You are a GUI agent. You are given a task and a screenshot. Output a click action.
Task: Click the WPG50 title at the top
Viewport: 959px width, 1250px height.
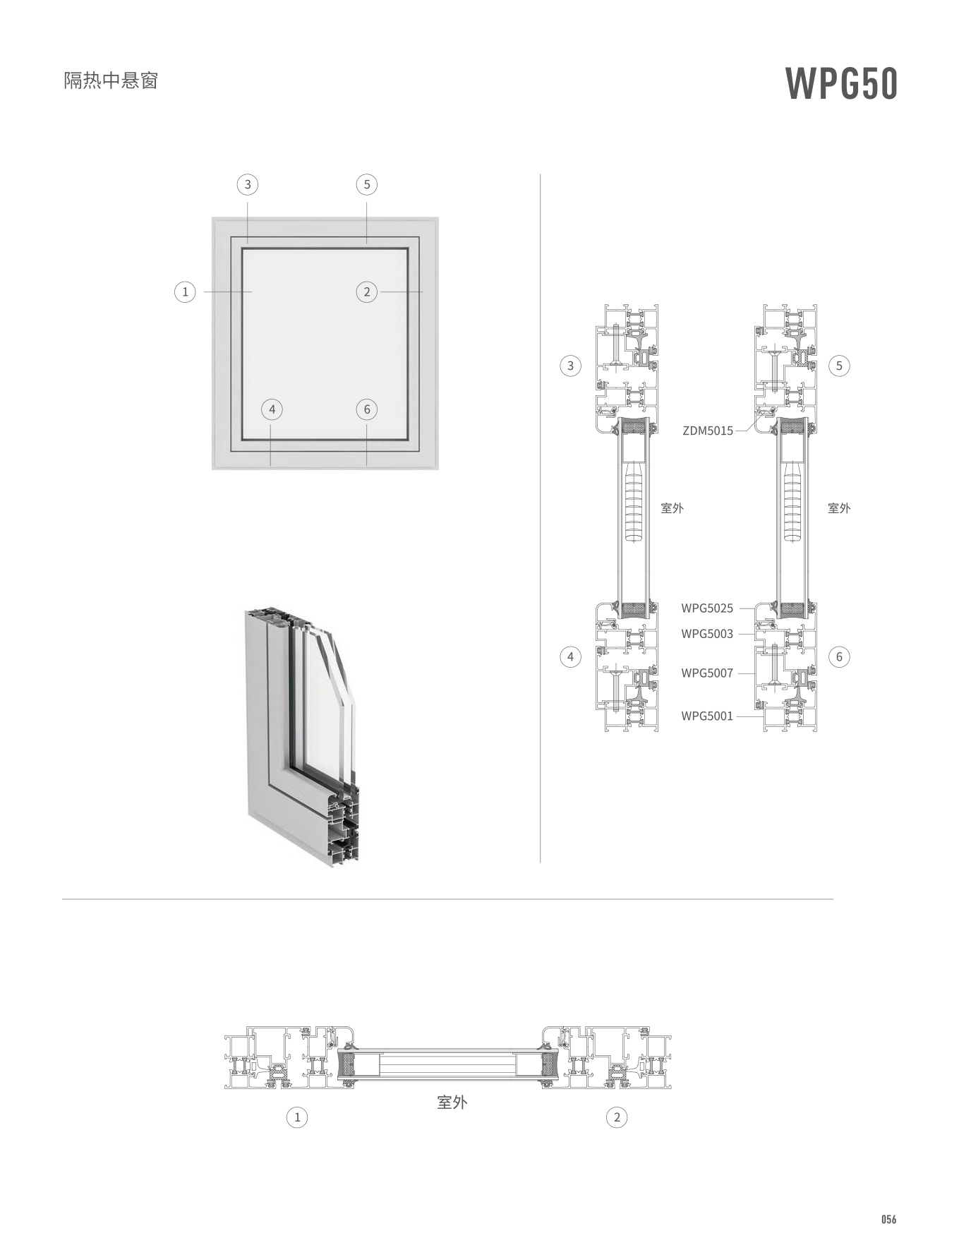tap(841, 84)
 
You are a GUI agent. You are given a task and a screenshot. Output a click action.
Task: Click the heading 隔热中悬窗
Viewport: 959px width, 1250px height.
tap(111, 80)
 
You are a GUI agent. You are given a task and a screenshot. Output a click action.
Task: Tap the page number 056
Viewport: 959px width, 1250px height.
tap(888, 1220)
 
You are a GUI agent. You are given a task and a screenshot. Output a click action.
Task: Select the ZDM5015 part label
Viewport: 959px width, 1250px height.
tap(708, 431)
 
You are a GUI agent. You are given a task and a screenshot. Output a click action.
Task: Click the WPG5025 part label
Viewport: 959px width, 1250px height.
tap(707, 608)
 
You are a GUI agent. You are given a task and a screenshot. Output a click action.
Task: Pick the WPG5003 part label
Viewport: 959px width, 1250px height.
tap(707, 634)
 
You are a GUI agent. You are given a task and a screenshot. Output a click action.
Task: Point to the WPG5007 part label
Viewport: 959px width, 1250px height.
tap(707, 673)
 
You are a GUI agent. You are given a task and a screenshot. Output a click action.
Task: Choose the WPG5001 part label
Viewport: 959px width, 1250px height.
tap(707, 716)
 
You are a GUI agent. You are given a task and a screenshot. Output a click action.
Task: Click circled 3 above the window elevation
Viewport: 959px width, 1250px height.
tap(248, 185)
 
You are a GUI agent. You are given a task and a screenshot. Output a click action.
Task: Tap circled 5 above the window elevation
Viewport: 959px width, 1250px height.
tap(367, 185)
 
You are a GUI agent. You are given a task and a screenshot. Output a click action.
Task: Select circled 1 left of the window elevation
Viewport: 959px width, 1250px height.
tap(185, 292)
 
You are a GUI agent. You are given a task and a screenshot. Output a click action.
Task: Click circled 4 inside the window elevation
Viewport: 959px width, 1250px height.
tap(272, 409)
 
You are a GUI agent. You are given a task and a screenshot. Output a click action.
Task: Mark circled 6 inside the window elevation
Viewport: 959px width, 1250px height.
tap(367, 409)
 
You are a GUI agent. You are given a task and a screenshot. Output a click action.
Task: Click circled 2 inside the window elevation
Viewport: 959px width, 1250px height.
tap(367, 292)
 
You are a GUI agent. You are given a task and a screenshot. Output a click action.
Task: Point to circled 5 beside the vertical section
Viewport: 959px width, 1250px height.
tap(839, 366)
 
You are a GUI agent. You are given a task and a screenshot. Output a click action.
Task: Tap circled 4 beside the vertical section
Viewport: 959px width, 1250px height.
tap(570, 657)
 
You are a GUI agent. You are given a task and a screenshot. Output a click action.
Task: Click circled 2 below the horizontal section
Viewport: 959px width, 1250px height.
tap(617, 1117)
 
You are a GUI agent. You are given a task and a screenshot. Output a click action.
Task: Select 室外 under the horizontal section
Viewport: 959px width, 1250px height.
tap(452, 1102)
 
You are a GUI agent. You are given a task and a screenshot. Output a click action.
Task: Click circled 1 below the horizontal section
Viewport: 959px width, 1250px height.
tap(297, 1117)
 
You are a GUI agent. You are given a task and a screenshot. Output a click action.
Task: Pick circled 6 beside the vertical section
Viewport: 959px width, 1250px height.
tap(839, 657)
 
